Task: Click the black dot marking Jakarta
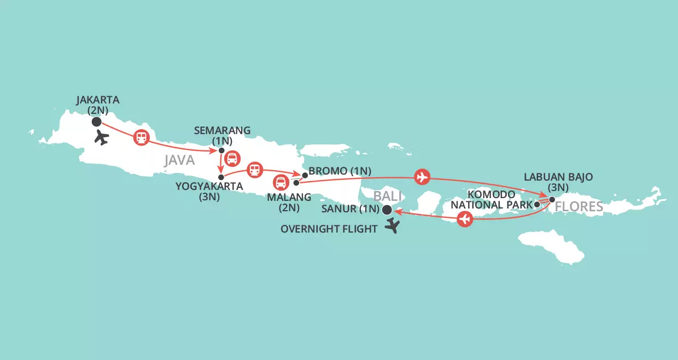click(97, 122)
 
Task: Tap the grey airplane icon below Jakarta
click(101, 137)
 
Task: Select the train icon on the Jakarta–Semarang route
click(141, 138)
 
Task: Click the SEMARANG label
click(221, 130)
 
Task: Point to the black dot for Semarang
click(221, 150)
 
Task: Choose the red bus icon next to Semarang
click(233, 158)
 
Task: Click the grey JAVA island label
click(179, 160)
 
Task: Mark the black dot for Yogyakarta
click(221, 177)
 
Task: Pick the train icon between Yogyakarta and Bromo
click(254, 170)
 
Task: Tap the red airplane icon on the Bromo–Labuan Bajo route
click(422, 177)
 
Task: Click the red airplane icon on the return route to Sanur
click(465, 220)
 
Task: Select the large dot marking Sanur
click(387, 210)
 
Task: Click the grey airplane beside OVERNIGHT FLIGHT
click(391, 226)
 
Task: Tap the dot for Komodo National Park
click(537, 205)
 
